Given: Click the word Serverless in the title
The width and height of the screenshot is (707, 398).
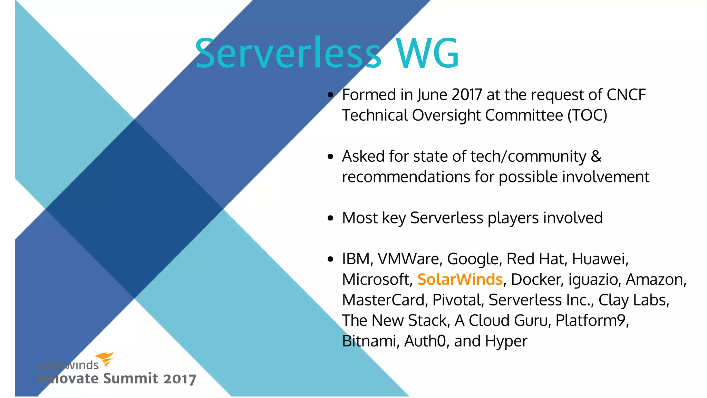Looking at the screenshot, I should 288,54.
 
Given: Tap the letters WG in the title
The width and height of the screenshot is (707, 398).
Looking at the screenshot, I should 427,54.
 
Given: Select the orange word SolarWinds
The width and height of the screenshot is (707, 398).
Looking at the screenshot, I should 460,279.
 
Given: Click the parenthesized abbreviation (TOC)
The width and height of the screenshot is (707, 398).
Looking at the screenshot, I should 587,115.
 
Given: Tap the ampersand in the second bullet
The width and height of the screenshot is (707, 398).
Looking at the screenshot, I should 596,156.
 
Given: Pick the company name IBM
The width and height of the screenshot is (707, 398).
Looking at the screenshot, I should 356,259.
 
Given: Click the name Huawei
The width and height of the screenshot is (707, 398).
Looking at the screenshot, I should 600,259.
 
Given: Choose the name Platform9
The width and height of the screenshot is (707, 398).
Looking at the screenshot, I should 592,321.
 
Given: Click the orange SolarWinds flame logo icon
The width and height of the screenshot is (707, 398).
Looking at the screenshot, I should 105,359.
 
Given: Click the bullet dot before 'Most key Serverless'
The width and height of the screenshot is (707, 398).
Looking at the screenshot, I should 331,218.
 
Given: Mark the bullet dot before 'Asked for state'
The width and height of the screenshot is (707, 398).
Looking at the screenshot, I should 331,157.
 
